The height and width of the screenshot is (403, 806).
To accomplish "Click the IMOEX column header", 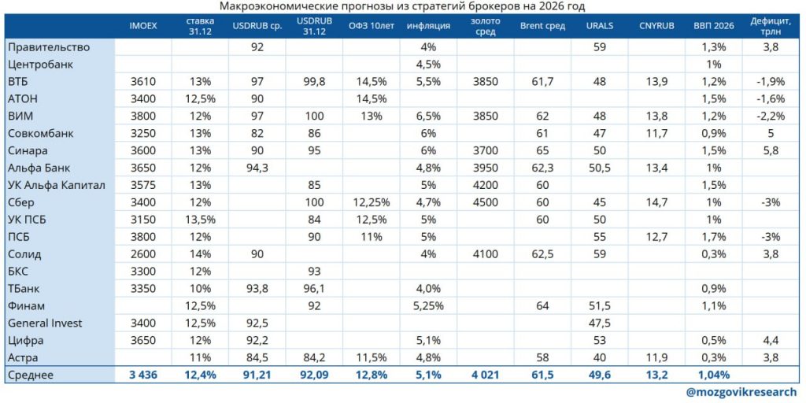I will coord(143,25).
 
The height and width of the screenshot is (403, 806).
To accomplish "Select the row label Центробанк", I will coord(40,64).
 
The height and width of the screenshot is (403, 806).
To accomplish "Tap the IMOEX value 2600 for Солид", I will coord(143,254).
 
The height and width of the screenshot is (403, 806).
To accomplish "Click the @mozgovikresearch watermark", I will coord(741,392).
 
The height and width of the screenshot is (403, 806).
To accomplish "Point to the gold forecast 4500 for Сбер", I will coord(485,202).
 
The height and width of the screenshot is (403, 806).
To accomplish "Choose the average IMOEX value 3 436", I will coord(143,375).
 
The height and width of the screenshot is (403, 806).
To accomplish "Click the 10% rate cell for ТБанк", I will coord(199,289).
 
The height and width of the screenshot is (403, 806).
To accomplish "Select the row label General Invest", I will coord(45,323).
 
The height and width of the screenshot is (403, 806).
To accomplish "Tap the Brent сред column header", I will coord(542,25).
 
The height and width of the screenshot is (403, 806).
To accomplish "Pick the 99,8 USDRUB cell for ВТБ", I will coord(313,81).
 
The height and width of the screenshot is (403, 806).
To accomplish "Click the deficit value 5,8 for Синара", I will coord(771,150).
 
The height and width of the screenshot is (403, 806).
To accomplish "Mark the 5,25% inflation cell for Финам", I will coord(428,305).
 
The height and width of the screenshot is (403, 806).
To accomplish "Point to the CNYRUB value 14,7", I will coord(656,202).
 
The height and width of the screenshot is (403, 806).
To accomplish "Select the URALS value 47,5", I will coord(600,323).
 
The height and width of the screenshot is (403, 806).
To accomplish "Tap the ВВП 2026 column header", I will coord(714,25).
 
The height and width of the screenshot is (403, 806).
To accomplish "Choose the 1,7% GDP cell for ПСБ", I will coord(714,237).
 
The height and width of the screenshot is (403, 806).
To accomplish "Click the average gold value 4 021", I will coord(485,375).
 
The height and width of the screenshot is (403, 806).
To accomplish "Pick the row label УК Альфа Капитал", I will coord(56,185).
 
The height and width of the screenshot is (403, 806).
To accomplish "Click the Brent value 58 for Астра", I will coord(542,357).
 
